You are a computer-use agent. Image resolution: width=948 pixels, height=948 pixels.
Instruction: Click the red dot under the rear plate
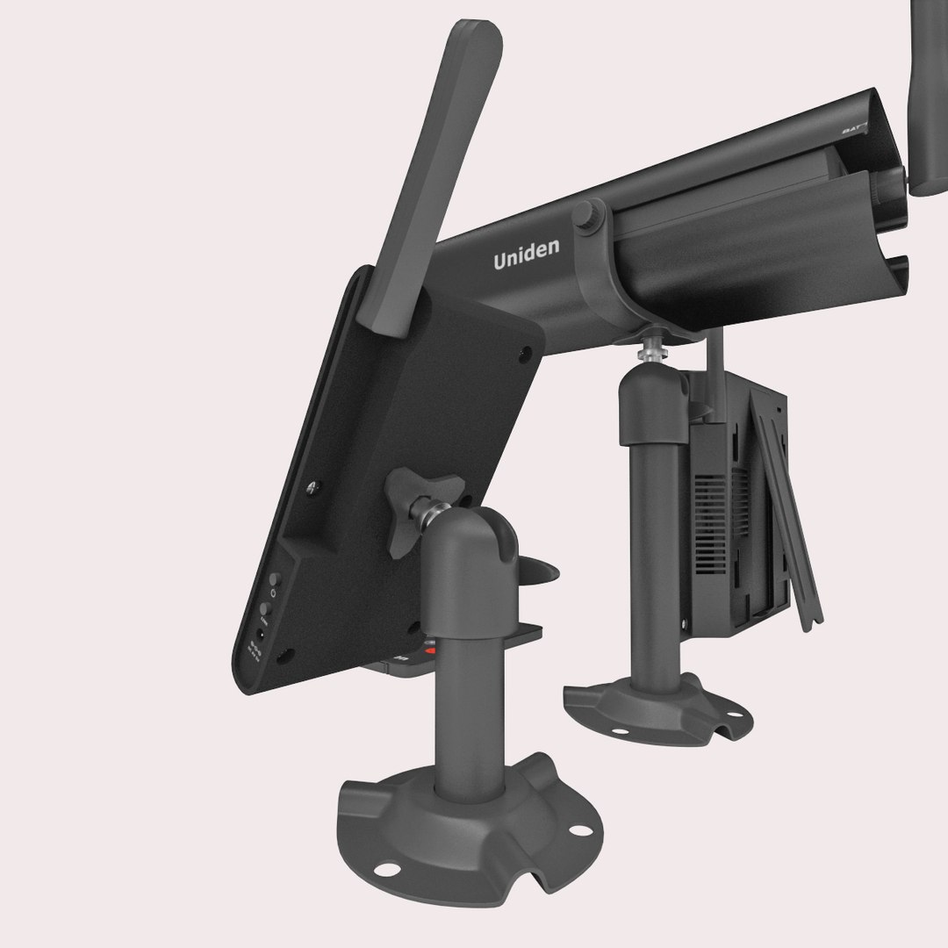(x=430, y=651)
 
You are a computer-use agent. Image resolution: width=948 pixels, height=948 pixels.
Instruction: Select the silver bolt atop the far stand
(x=650, y=347)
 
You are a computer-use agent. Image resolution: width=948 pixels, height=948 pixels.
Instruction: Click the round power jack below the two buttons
(x=262, y=636)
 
